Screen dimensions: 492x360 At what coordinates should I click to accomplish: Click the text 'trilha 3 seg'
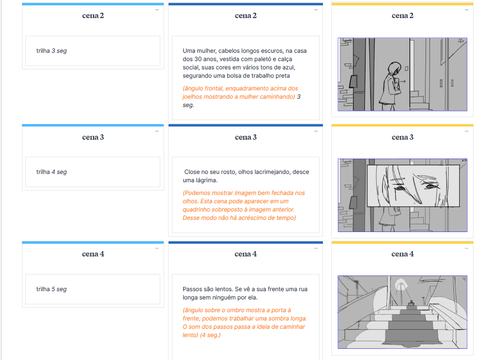51,51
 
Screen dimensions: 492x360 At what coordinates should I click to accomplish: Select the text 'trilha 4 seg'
51,172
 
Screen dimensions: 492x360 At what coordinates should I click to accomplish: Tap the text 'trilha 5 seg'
51,289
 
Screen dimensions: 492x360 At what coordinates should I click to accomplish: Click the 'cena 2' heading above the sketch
403,16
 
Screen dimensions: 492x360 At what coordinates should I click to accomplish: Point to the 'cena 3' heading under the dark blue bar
246,137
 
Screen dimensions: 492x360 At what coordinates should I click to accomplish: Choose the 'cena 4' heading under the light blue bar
93,254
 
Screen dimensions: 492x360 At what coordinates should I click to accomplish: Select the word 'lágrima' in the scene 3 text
207,180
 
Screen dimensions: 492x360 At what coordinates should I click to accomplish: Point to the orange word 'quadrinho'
196,210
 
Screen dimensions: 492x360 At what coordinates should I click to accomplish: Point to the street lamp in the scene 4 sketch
401,284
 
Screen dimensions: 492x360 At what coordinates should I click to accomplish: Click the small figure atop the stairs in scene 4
411,303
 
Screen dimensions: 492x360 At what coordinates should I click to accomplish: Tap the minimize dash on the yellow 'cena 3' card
467,131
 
